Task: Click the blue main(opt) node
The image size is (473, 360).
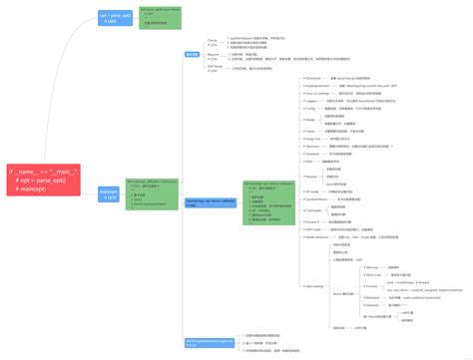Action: click(109, 193)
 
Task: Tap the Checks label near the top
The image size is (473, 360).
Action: click(212, 41)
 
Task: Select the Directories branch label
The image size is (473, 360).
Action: click(313, 77)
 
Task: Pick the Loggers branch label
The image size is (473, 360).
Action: click(311, 102)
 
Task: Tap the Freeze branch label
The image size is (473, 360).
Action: click(310, 131)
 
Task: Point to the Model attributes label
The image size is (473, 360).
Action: click(319, 237)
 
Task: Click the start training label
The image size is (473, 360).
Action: click(313, 285)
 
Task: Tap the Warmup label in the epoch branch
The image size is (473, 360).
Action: click(372, 267)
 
